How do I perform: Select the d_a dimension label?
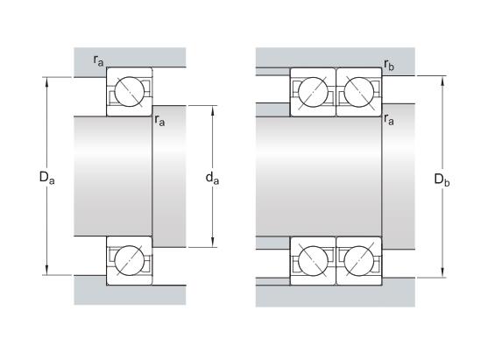(x=211, y=179)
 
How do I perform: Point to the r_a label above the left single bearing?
(x=100, y=60)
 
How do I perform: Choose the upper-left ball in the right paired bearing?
(x=312, y=90)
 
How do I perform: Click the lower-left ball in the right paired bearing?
(x=312, y=260)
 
